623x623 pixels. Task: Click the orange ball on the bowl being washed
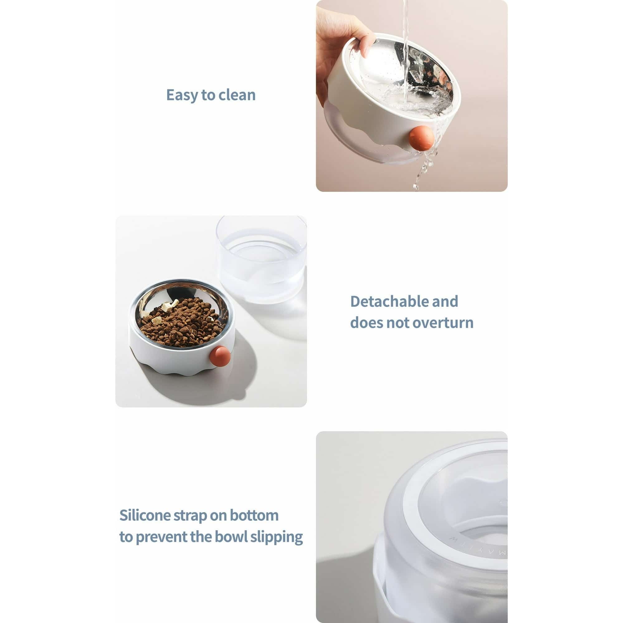click(420, 138)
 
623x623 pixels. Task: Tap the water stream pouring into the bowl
click(405, 48)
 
